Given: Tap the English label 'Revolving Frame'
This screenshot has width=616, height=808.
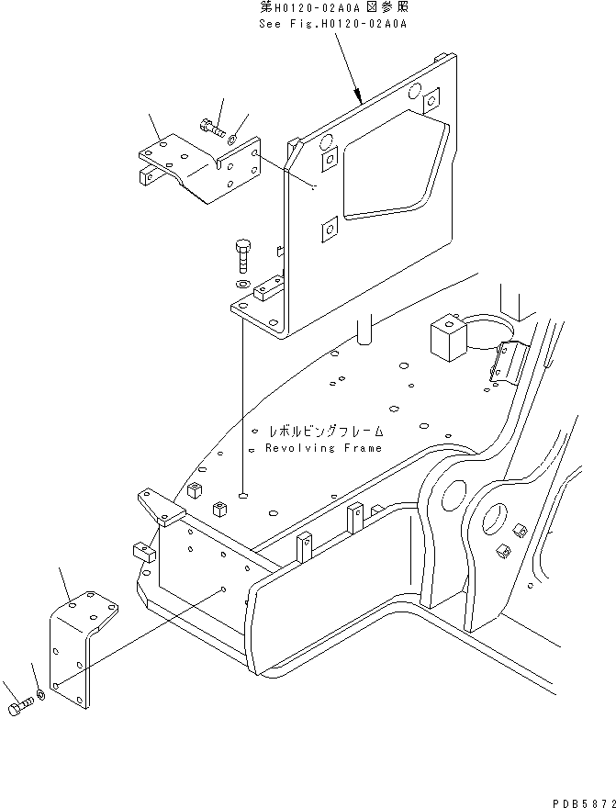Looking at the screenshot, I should click(324, 448).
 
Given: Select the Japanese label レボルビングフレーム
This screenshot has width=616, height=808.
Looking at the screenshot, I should click(326, 431).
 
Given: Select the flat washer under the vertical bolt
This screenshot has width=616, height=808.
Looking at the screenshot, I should click(241, 285).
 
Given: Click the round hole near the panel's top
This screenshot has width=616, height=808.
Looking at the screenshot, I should click(412, 91).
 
